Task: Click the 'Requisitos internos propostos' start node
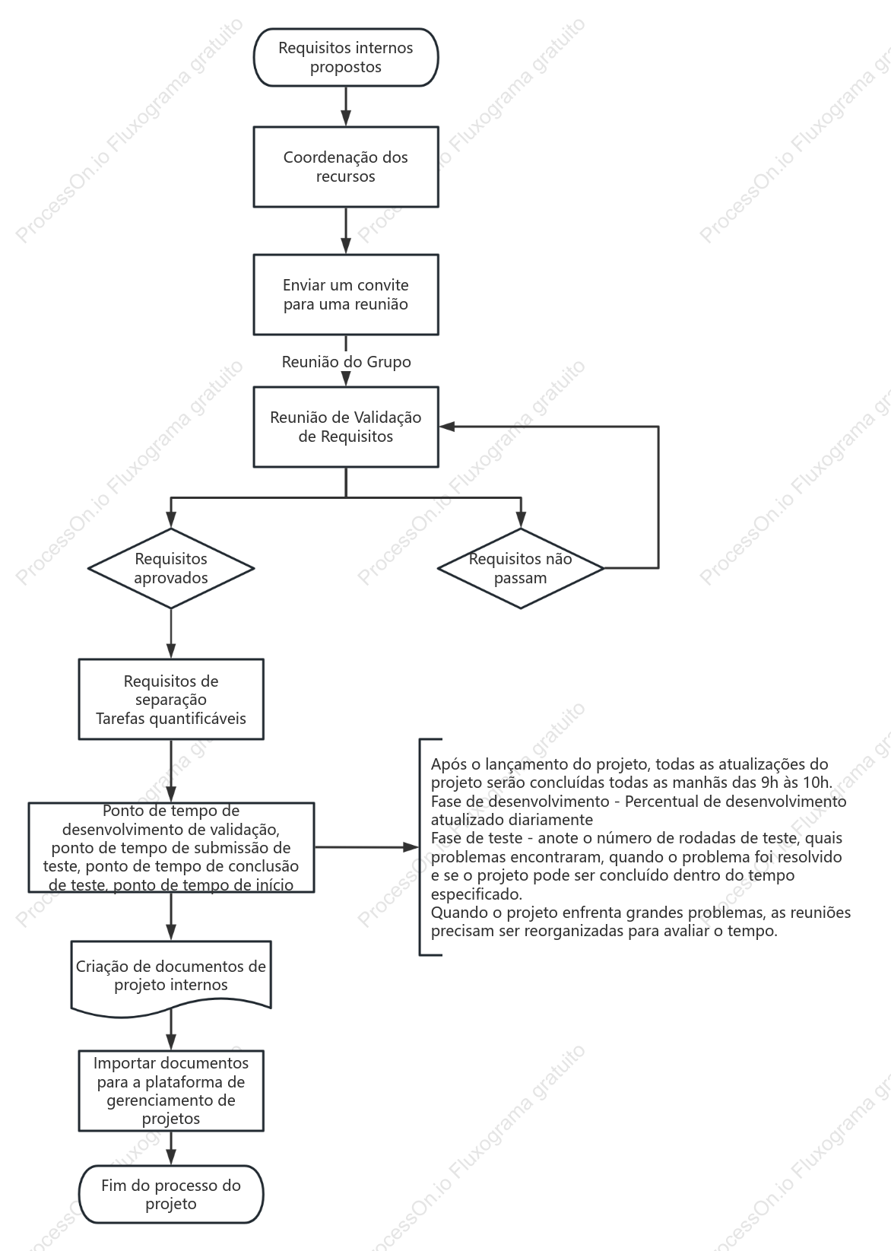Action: [346, 58]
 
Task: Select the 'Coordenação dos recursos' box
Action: [346, 167]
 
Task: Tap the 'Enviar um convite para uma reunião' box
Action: [346, 295]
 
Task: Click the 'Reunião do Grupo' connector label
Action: [346, 362]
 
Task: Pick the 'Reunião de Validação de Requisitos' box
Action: [346, 427]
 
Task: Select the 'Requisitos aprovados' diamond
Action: [171, 568]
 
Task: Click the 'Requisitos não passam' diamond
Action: [520, 568]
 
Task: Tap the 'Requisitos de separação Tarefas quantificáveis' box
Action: [171, 699]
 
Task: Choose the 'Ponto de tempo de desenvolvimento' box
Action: [171, 847]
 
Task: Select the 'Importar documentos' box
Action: [171, 1091]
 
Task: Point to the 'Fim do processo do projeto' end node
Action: [171, 1194]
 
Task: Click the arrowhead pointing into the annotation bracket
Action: [411, 847]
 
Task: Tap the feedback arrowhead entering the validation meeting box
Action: [446, 427]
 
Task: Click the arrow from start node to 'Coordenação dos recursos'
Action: [346, 106]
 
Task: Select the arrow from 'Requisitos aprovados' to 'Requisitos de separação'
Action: [171, 634]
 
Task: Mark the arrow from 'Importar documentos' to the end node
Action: [171, 1148]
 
